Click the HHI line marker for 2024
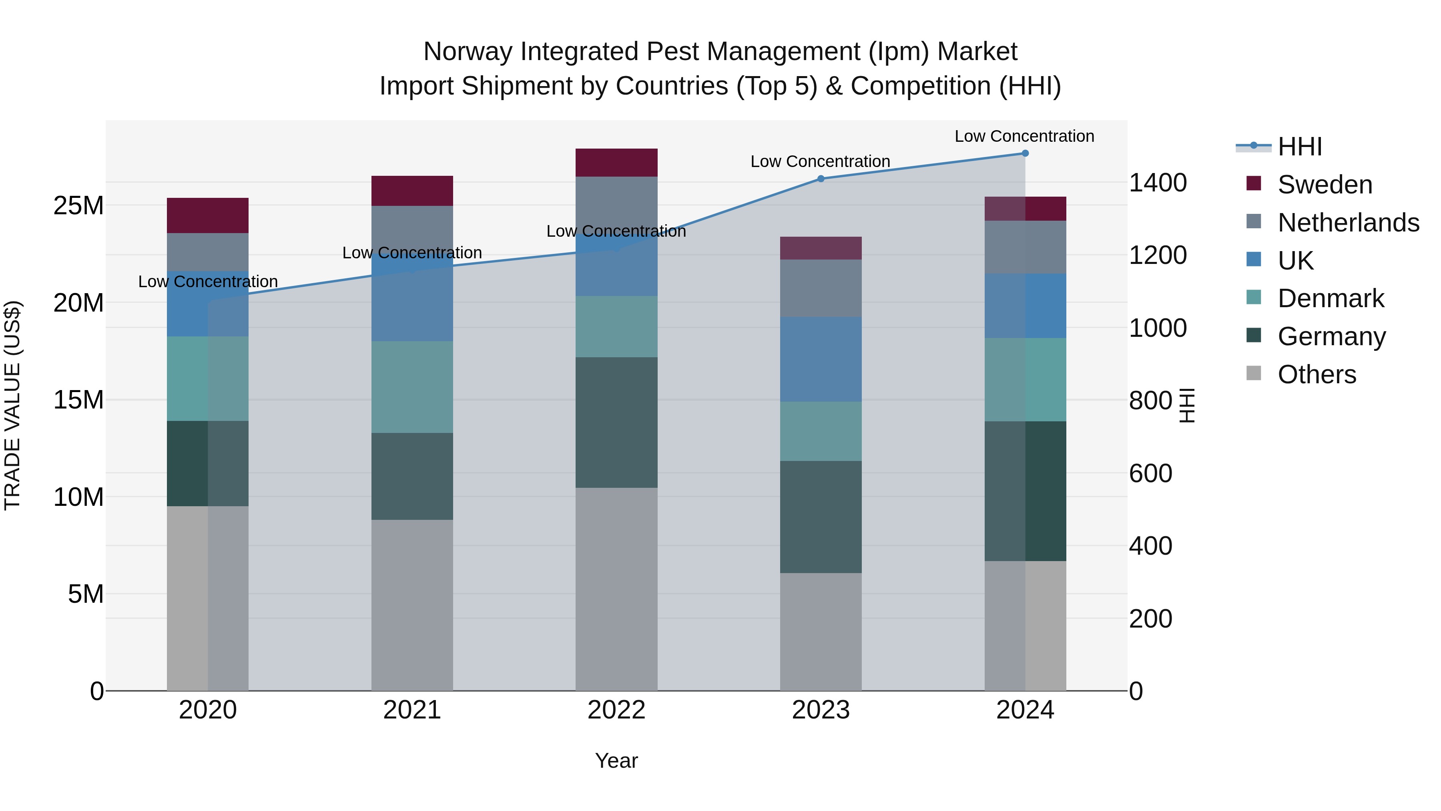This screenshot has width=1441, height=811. pos(1025,153)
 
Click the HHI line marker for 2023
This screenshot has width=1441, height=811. pos(821,179)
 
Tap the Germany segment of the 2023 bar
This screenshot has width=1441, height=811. pos(821,517)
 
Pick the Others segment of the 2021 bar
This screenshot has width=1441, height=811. pos(412,604)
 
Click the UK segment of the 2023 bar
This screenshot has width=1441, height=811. pos(821,359)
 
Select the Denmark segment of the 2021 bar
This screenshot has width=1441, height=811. pos(412,387)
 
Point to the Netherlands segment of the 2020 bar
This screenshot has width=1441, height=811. pos(207,252)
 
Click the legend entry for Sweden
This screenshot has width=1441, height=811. pos(1325,185)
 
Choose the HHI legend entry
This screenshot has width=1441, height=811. pos(1299,147)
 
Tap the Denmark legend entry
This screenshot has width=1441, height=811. pos(1330,298)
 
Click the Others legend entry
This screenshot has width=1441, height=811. pos(1316,374)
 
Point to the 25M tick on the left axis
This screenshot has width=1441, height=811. pos(78,206)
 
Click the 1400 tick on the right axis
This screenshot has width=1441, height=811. pos(1157,183)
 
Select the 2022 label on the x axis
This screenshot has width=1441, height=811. pos(616,710)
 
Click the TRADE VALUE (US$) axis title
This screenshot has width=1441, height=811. pos(12,405)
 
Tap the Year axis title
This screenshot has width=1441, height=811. pos(616,761)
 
